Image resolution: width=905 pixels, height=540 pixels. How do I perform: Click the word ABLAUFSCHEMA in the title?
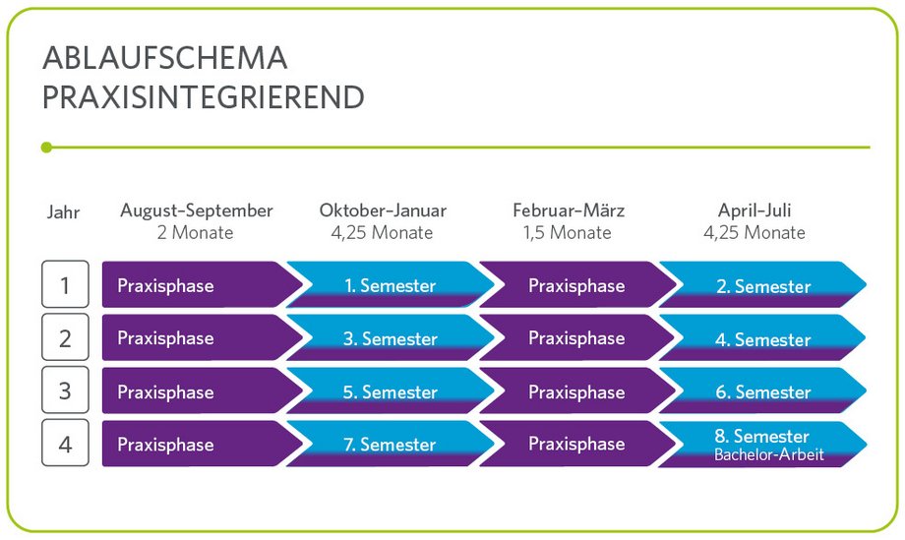tap(165, 58)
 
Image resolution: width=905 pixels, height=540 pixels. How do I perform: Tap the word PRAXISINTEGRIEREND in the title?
tap(204, 97)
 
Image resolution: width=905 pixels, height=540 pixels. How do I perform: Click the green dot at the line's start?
tap(47, 148)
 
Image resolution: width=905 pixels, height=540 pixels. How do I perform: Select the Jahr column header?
tap(63, 211)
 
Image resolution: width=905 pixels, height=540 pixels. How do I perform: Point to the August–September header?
tap(196, 210)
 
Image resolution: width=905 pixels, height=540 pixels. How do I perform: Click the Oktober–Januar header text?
tap(383, 210)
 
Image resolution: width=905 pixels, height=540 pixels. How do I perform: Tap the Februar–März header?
tap(569, 210)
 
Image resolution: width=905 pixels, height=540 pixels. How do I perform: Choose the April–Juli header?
tap(754, 210)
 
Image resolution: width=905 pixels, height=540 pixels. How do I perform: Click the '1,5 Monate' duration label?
tap(568, 232)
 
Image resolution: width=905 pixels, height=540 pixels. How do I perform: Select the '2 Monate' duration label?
tap(195, 232)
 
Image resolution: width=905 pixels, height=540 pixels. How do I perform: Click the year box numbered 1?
tap(65, 284)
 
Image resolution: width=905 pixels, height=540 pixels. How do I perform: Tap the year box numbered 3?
tap(65, 390)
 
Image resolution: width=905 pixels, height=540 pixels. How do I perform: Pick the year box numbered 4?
tap(65, 443)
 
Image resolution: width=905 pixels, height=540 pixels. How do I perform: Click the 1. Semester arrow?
tap(391, 284)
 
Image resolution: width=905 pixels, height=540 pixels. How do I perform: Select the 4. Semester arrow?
tap(763, 337)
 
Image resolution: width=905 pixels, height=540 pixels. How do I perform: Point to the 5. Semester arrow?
tap(391, 390)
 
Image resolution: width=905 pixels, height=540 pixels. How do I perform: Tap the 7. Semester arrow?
tap(391, 444)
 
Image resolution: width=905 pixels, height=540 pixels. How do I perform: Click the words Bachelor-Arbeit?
tap(769, 454)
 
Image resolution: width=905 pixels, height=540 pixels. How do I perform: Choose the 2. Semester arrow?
tap(763, 284)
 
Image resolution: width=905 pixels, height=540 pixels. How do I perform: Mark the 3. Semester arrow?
tap(391, 337)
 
